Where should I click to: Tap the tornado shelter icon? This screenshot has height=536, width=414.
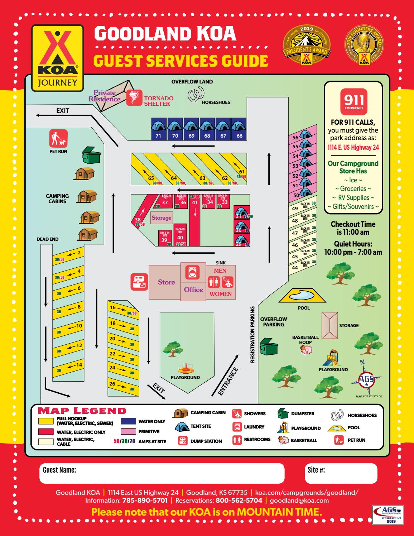[x=134, y=97]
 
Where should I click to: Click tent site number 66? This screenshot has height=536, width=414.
[x=239, y=129]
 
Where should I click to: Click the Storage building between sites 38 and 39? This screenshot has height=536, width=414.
[x=161, y=218]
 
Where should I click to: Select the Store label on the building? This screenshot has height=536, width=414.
[x=167, y=282]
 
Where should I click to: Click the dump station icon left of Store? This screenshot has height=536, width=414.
[x=138, y=282]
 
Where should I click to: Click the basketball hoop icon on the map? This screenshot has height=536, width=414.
[x=305, y=350]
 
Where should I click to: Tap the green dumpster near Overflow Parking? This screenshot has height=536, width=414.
[x=269, y=346]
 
